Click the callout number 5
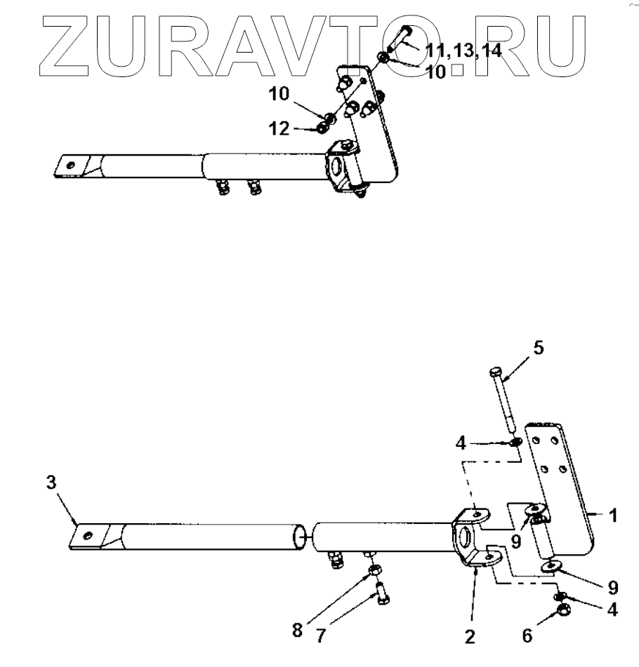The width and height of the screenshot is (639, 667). click(539, 348)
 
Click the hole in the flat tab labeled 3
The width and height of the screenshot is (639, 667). click(87, 536)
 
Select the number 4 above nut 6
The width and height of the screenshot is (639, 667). click(612, 610)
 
